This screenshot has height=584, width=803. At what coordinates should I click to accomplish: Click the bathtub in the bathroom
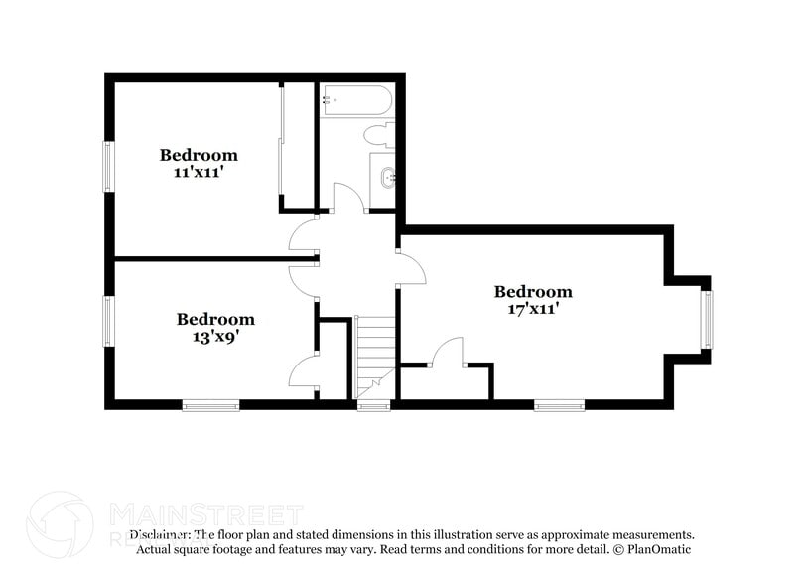tap(356, 101)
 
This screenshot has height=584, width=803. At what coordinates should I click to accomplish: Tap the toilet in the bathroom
tap(379, 134)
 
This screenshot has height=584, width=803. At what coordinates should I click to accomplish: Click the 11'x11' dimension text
tap(199, 171)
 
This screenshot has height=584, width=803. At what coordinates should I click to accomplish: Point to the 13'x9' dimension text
tap(215, 336)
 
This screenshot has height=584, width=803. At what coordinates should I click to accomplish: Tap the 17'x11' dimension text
tap(533, 308)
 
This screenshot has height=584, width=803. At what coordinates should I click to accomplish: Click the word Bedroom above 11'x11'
tap(199, 155)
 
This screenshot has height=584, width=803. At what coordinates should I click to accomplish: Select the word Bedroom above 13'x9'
tap(215, 320)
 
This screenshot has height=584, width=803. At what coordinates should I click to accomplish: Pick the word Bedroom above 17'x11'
tap(533, 292)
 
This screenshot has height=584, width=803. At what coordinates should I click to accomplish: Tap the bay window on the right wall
tap(707, 319)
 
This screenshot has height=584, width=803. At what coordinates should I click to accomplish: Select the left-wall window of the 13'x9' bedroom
tap(109, 320)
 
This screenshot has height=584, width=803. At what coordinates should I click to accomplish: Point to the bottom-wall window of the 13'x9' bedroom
tap(210, 404)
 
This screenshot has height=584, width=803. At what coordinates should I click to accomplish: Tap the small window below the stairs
tap(373, 405)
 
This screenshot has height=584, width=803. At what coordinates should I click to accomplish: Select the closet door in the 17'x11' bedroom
tap(448, 354)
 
